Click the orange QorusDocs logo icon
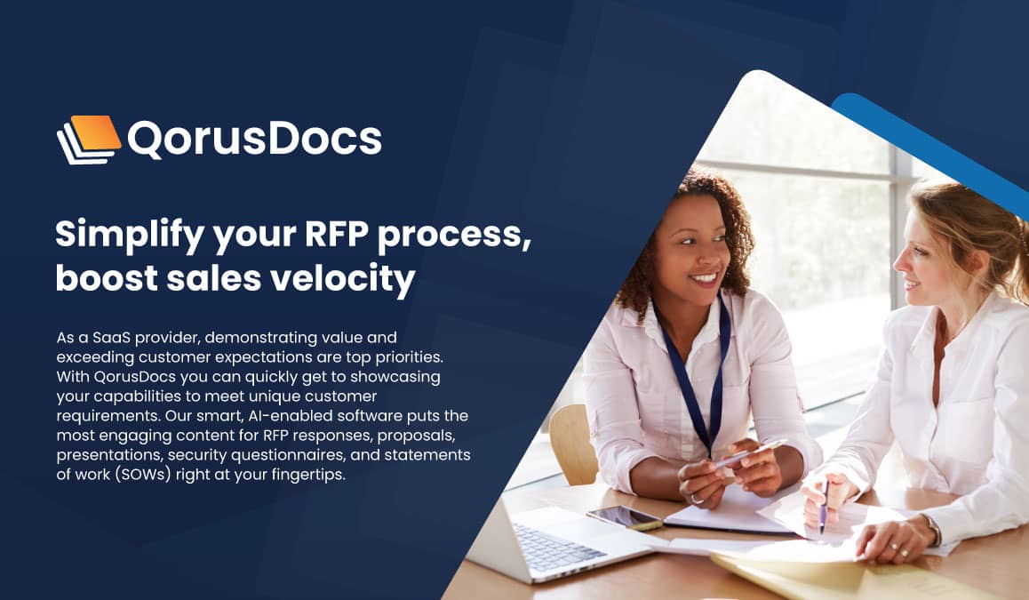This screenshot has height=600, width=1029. [x=89, y=139]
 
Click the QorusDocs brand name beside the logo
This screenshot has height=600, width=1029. [x=254, y=139]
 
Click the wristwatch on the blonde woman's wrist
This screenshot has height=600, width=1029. [x=934, y=532]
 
